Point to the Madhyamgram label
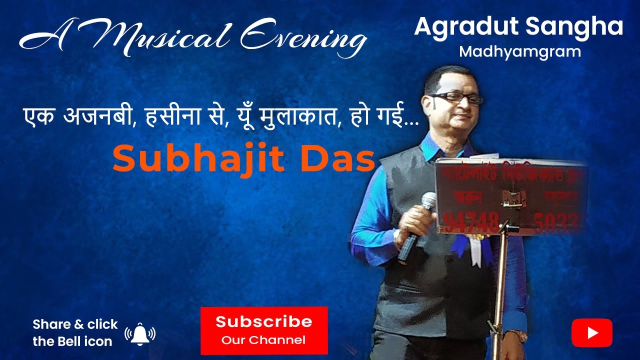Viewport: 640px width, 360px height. point(520,51)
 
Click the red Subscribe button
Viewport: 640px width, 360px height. point(264,330)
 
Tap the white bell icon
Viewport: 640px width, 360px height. point(140,333)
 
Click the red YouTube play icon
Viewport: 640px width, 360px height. point(592,333)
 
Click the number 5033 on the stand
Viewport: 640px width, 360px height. point(555,222)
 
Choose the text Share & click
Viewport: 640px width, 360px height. point(75,324)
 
